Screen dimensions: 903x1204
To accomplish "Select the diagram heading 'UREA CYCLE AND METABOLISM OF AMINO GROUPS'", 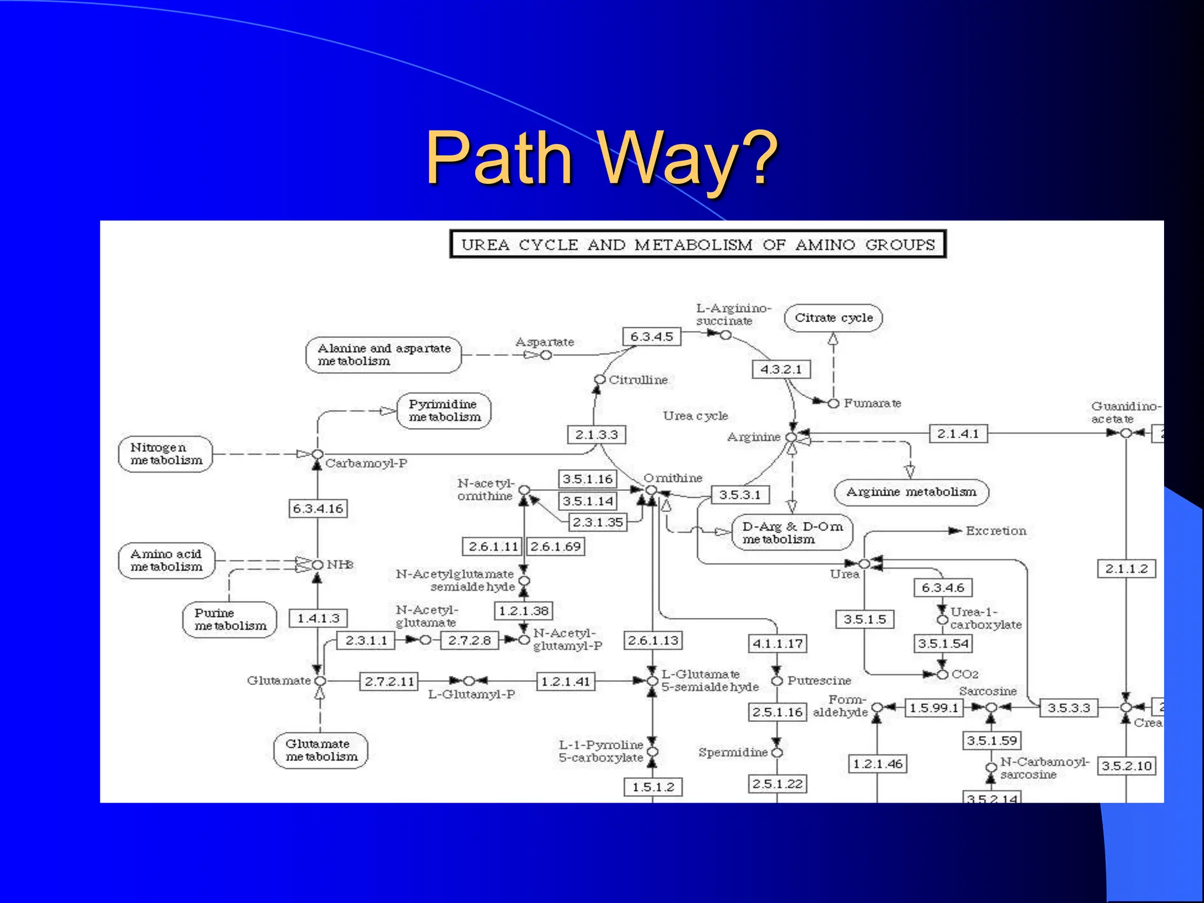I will pyautogui.click(x=697, y=245).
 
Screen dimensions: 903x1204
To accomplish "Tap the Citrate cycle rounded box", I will pyautogui.click(x=833, y=318).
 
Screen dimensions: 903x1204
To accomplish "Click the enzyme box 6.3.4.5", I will pyautogui.click(x=651, y=337).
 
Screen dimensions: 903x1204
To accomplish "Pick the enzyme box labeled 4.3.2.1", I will pyautogui.click(x=781, y=369).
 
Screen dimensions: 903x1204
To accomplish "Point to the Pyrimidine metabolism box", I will pyautogui.click(x=444, y=410).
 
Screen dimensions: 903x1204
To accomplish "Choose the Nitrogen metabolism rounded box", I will pyautogui.click(x=166, y=454).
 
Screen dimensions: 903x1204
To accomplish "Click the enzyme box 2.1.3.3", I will pyautogui.click(x=596, y=434).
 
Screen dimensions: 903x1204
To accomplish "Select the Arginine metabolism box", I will pyautogui.click(x=911, y=492).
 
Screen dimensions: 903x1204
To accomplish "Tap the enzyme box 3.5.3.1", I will pyautogui.click(x=740, y=495).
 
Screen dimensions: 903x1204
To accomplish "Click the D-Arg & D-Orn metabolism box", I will pyautogui.click(x=792, y=533).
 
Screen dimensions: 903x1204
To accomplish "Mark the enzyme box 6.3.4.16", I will pyautogui.click(x=317, y=509).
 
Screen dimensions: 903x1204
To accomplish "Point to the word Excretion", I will pyautogui.click(x=995, y=531).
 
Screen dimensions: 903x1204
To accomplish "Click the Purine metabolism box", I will pyautogui.click(x=230, y=620).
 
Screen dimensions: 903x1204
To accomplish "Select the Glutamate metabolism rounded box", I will pyautogui.click(x=321, y=750).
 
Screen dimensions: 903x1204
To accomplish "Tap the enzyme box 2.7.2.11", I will pyautogui.click(x=389, y=681).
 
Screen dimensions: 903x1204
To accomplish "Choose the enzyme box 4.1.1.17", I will pyautogui.click(x=777, y=644).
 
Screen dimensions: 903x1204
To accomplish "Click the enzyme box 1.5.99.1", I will pyautogui.click(x=934, y=708).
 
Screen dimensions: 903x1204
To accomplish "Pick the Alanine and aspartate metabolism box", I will pyautogui.click(x=383, y=354).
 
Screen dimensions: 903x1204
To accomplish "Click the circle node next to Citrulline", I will pyautogui.click(x=600, y=380).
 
